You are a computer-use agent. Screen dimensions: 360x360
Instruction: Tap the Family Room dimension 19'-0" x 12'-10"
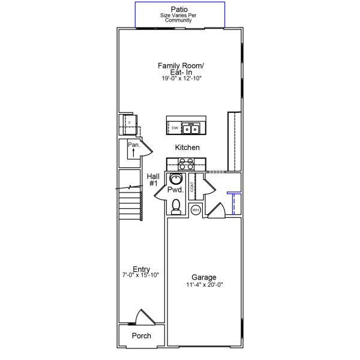pos(181,79)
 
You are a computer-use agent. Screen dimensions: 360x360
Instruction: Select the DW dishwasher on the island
pos(175,128)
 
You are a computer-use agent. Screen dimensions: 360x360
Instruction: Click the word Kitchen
pos(187,147)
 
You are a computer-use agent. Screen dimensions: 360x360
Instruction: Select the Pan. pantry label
pos(133,145)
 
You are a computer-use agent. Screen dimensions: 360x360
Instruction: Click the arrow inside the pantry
pos(133,153)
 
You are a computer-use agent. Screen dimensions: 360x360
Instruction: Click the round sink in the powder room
pos(176,179)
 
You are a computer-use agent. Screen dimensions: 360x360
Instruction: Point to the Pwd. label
pos(175,190)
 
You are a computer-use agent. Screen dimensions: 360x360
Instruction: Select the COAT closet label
pos(192,185)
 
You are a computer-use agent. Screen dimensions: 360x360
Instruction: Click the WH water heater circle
pos(195,210)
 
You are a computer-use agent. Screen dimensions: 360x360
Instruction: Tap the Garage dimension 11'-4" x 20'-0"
pos(205,286)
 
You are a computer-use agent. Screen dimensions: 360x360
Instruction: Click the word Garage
pos(205,277)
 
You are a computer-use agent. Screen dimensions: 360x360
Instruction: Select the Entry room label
pos(141,269)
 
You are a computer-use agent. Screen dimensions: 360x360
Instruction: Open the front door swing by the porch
pos(143,317)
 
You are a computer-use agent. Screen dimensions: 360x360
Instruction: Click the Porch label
pos(141,336)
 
